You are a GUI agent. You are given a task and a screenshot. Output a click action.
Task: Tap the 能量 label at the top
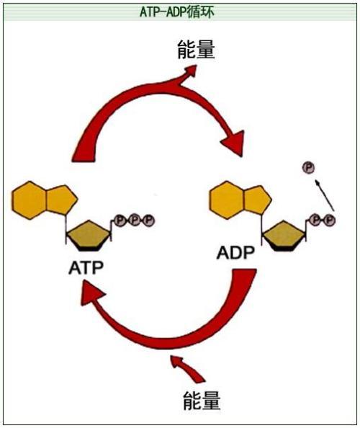(x=195, y=50)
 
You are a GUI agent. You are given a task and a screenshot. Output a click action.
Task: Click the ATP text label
(x=86, y=267)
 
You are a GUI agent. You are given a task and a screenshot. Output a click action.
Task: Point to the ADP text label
(x=236, y=254)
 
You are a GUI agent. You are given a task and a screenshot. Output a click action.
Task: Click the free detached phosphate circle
(x=307, y=168)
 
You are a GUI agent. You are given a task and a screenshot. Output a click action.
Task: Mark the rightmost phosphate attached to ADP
(x=330, y=219)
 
